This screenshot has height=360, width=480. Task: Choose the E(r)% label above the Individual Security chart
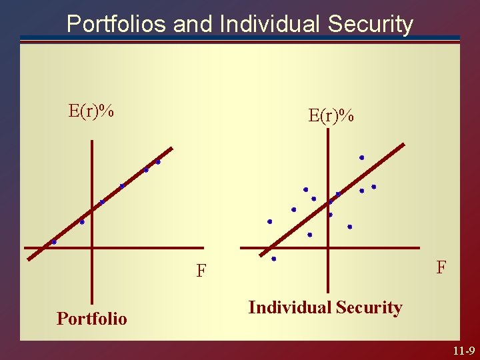[331, 115]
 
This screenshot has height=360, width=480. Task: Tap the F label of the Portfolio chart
[201, 271]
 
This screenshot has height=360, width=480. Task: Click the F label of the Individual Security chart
[441, 267]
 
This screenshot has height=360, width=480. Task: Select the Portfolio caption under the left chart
[91, 319]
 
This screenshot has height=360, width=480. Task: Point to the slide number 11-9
[462, 350]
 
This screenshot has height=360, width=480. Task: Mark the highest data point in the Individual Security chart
[361, 157]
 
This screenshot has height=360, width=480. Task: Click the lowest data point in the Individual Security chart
[273, 259]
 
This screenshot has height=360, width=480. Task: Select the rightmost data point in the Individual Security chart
[373, 187]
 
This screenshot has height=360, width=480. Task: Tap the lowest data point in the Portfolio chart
[54, 242]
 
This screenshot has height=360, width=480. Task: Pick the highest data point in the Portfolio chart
[158, 162]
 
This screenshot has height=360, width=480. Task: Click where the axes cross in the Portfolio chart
[91, 249]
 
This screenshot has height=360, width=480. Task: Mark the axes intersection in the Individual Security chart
[328, 249]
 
